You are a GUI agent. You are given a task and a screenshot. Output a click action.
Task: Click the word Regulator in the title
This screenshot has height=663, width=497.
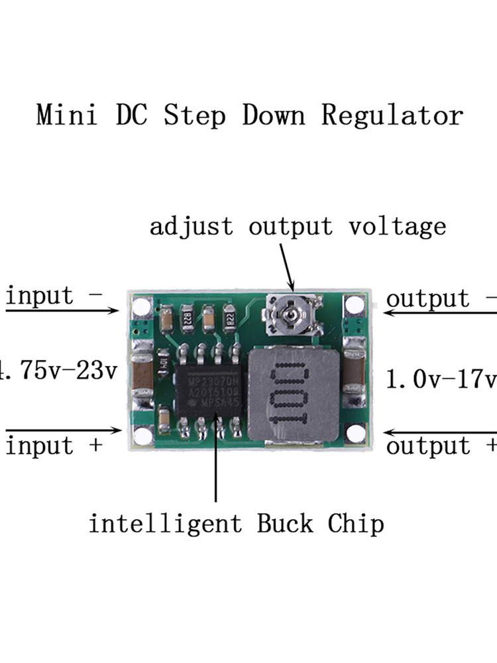tap(392, 115)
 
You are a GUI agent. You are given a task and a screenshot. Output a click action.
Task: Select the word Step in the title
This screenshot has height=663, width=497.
tap(195, 115)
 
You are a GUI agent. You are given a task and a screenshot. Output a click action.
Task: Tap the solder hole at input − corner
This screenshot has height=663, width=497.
tap(141, 306)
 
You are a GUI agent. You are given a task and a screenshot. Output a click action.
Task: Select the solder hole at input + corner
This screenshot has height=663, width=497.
tap(141, 436)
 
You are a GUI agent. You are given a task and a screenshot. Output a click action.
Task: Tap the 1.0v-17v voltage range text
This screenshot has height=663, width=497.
tap(441, 379)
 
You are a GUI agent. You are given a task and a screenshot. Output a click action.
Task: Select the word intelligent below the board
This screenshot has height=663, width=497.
tap(166, 524)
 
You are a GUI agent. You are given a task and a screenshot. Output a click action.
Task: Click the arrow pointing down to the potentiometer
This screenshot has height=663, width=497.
tap(286, 265)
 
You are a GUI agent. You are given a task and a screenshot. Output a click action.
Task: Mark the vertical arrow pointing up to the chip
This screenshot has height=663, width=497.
tap(216, 464)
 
